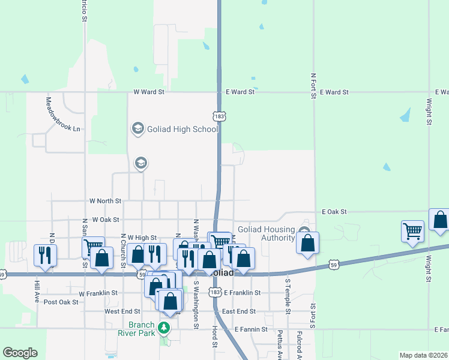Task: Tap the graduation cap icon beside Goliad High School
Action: [137, 128]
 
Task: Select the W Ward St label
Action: [149, 92]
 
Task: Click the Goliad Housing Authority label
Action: [266, 233]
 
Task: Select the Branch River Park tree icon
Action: [163, 328]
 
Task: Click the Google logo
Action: [20, 353]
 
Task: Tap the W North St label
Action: [105, 200]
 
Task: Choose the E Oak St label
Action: [334, 212]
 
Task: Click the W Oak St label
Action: [104, 220]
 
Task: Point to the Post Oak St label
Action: [61, 302]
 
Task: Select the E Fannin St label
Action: [250, 329]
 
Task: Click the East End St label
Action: [239, 311]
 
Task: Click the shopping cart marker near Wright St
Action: [412, 231]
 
